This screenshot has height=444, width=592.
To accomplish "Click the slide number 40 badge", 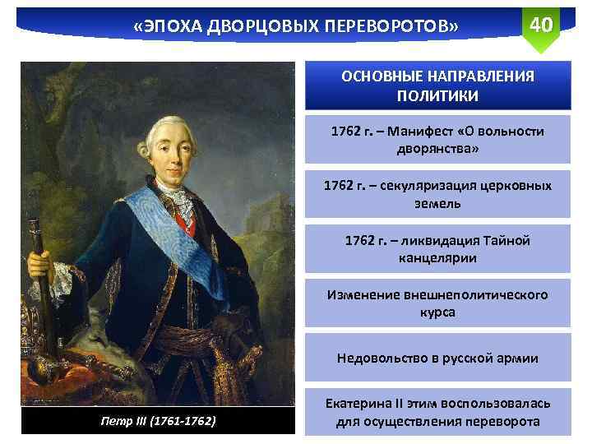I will pos(541,25).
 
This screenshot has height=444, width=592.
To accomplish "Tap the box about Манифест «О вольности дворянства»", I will pos(437,141).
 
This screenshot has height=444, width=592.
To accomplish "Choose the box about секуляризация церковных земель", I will pos(437,194).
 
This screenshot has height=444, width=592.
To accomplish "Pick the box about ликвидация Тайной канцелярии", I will pos(437,249).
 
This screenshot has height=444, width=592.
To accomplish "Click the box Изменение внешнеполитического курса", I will pos(437,303).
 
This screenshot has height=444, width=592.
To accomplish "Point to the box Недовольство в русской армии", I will pos(437,358).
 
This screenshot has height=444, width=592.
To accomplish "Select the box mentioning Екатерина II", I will pos(437,413).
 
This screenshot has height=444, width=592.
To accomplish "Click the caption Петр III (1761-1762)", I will pos(156,421).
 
